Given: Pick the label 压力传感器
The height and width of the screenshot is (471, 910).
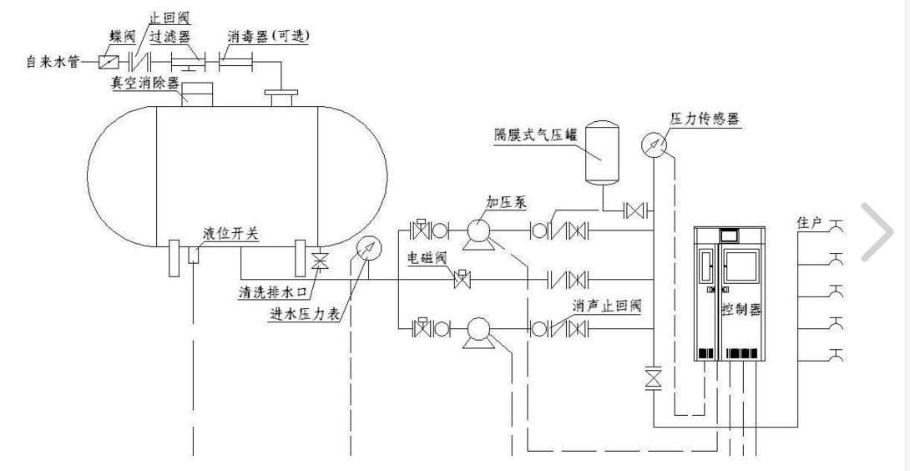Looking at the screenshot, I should (x=705, y=119).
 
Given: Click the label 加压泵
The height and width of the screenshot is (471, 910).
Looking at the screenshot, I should (x=506, y=203).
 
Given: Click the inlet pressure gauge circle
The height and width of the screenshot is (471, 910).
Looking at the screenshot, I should (x=367, y=249).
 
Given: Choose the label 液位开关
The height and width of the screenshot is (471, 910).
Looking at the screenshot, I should (x=230, y=235).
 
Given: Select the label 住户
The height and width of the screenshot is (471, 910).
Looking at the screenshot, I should (x=810, y=223).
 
